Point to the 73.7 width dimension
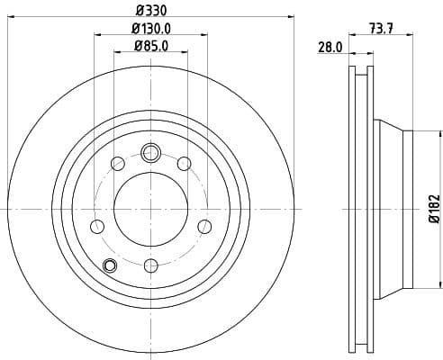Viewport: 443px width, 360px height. [x=383, y=29]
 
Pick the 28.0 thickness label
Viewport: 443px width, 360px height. [x=330, y=47]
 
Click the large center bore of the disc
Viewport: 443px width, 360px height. [x=150, y=209]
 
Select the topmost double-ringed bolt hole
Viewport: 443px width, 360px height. [x=150, y=152]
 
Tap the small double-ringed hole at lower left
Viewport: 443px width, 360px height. [x=110, y=265]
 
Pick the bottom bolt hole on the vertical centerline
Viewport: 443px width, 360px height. [x=150, y=265]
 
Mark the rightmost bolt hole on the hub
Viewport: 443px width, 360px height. [x=204, y=225]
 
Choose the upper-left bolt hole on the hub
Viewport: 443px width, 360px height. [x=117, y=163]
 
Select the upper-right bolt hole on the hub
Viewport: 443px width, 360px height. [x=184, y=163]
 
